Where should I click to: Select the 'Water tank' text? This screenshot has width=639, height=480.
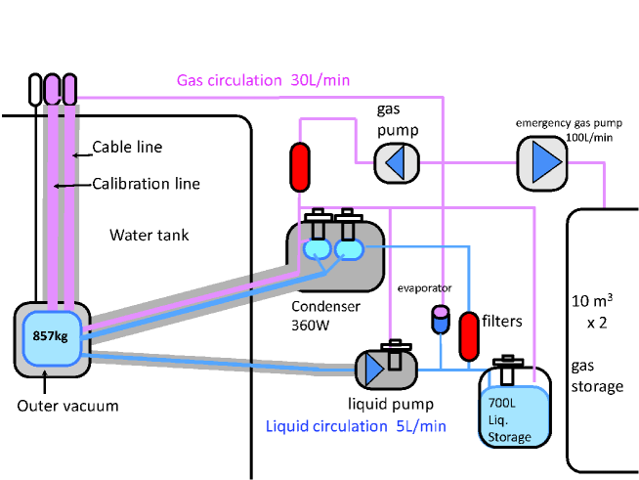[x=149, y=235]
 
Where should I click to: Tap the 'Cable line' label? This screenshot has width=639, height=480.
[x=127, y=148]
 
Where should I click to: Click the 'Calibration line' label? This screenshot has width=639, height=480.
[x=146, y=183]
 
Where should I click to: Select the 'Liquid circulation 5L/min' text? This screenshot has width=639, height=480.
[x=357, y=426]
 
